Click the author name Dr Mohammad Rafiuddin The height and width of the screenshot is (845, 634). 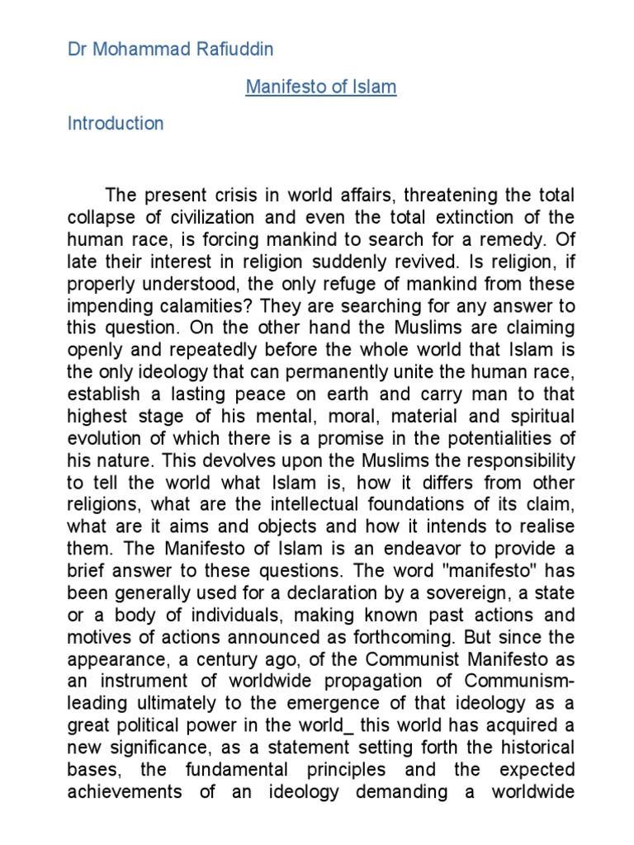[170, 50]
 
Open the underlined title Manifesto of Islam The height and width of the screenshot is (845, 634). [321, 87]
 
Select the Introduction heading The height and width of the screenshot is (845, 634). [116, 124]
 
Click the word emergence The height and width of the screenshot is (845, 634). [376, 703]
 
